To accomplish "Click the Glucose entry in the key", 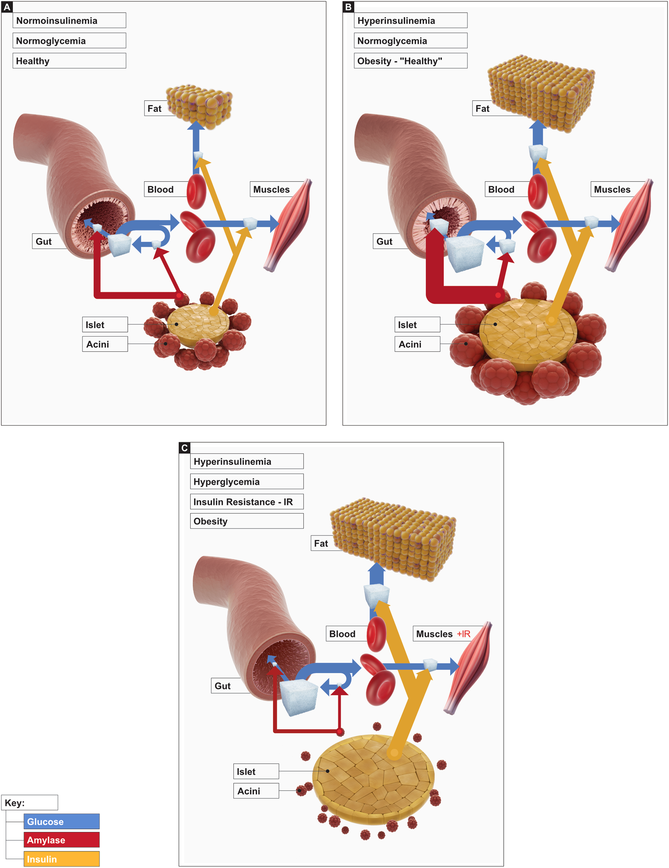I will [61, 821].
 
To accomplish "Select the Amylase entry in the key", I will [61, 840].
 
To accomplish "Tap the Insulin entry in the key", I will [61, 859].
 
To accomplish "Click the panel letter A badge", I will [7, 7].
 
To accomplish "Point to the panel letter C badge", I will [184, 448].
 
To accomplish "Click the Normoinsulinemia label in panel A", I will [69, 21].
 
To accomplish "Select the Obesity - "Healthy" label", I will [410, 61].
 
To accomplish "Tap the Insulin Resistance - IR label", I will [246, 502].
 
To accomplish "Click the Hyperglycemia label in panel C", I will [246, 482].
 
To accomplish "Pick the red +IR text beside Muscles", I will [463, 634].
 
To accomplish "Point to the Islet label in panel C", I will [256, 771].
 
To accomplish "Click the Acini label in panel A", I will [105, 344].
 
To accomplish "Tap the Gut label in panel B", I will [385, 241].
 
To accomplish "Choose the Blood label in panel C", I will [343, 634].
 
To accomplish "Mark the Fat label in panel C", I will [321, 543].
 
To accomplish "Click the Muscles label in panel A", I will [272, 190].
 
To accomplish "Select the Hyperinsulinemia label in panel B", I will [410, 21].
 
